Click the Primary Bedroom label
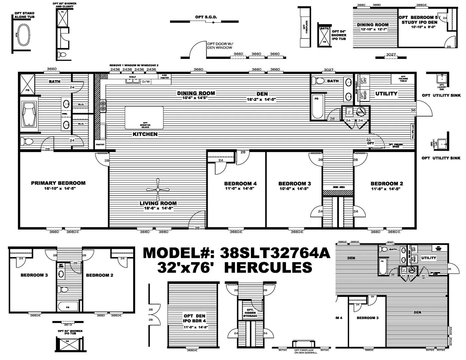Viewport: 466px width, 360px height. tap(58, 183)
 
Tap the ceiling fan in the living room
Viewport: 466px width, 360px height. tap(158, 190)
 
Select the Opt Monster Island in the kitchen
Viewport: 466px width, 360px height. tap(144, 118)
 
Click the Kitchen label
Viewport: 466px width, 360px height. tap(145, 134)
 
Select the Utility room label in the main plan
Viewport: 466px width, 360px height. tap(386, 94)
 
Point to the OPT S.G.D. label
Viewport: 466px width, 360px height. tap(204, 17)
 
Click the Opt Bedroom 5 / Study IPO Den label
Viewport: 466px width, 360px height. tap(419, 20)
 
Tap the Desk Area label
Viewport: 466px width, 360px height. tap(338, 187)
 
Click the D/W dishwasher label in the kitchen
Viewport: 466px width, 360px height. tap(146, 82)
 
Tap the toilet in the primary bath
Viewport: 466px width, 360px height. tap(27, 142)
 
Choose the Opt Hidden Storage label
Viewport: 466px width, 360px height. tap(250, 313)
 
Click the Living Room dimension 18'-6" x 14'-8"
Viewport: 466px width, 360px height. tap(158, 209)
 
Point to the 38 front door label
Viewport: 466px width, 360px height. tap(197, 228)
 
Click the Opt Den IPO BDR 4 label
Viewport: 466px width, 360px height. tap(194, 318)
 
